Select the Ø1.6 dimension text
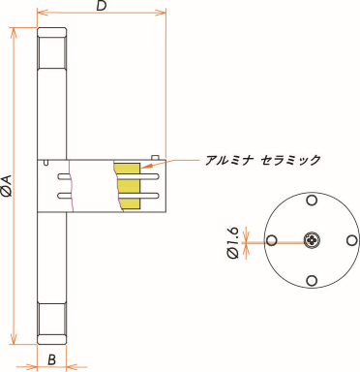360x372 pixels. [232, 241]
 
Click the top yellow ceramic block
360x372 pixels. [126, 169]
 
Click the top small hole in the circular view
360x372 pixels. [311, 201]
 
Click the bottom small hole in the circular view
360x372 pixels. [311, 280]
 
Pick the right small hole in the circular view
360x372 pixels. [349, 240]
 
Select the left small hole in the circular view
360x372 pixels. [272, 240]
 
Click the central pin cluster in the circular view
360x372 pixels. [311, 240]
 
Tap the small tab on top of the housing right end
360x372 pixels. [156, 155]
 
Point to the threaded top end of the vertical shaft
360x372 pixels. [52, 48]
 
